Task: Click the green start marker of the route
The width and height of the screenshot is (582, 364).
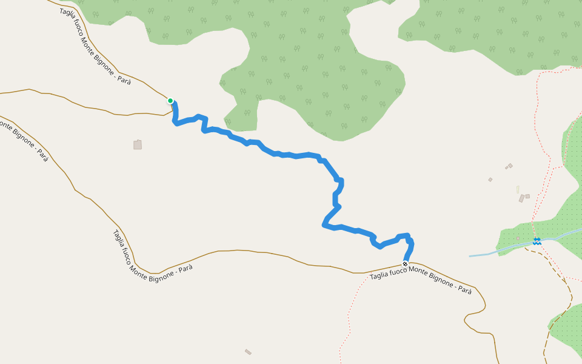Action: [x=170, y=101]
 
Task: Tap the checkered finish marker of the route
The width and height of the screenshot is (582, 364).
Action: [x=405, y=264]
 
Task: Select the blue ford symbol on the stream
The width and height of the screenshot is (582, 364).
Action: [x=537, y=241]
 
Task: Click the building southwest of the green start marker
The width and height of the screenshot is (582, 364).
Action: [x=138, y=144]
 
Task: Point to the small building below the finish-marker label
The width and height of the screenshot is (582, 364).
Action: [x=248, y=352]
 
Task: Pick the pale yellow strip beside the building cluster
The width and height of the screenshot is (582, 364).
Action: [x=518, y=189]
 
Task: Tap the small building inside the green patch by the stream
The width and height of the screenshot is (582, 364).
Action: [x=518, y=237]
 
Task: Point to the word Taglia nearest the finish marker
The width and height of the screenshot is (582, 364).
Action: [x=379, y=275]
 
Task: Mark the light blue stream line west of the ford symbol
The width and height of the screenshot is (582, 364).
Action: [x=491, y=252]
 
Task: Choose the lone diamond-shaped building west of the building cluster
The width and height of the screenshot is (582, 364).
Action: [x=490, y=180]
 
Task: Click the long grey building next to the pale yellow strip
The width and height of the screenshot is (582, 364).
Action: [x=521, y=198]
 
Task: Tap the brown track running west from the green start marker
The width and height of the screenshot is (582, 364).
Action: [x=91, y=108]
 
